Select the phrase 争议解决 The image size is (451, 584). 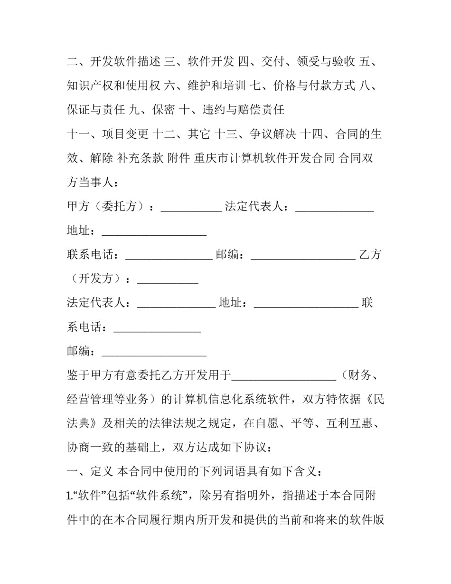click(x=273, y=134)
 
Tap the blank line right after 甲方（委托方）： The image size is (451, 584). click(x=191, y=209)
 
